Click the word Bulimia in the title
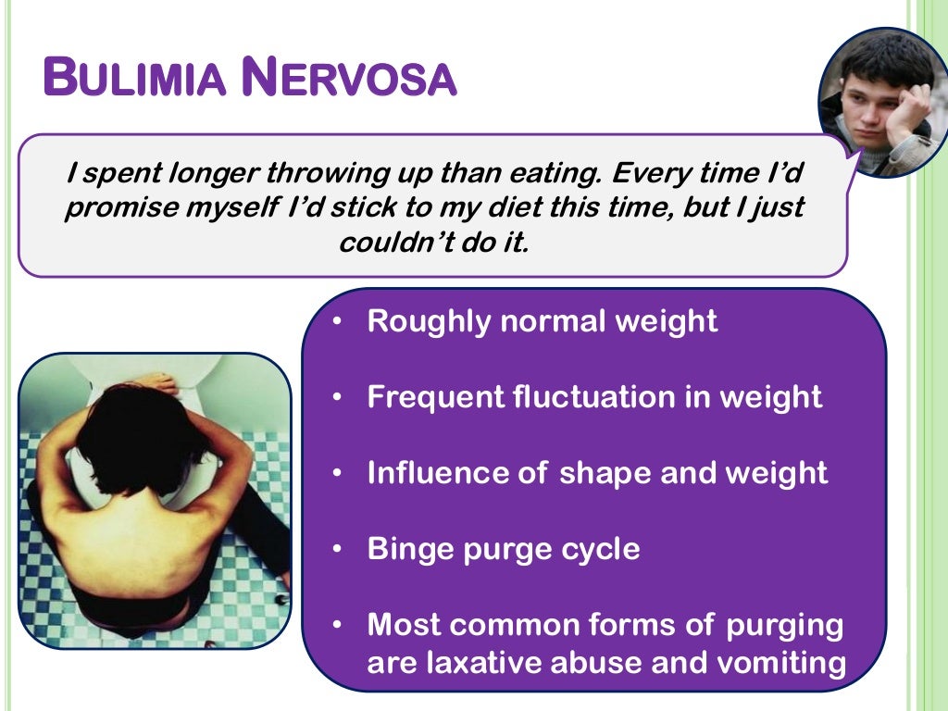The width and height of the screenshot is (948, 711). coord(134,78)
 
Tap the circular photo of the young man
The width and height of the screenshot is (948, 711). coord(880,102)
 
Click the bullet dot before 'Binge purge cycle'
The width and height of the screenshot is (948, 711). coord(339,549)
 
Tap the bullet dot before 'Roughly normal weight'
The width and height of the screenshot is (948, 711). coord(339,321)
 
